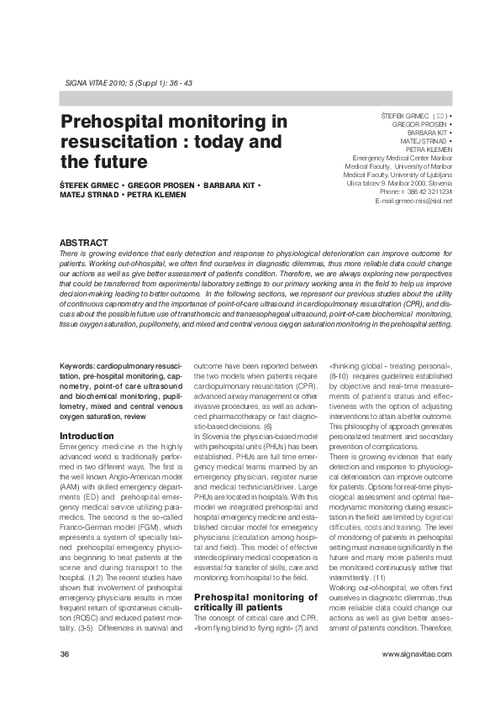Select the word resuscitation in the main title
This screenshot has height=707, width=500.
point(123,142)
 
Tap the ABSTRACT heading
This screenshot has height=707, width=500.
point(83,242)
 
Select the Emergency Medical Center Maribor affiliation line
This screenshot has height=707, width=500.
point(402,158)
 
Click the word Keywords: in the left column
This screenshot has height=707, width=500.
point(82,367)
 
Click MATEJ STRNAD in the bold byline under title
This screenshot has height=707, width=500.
point(88,195)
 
